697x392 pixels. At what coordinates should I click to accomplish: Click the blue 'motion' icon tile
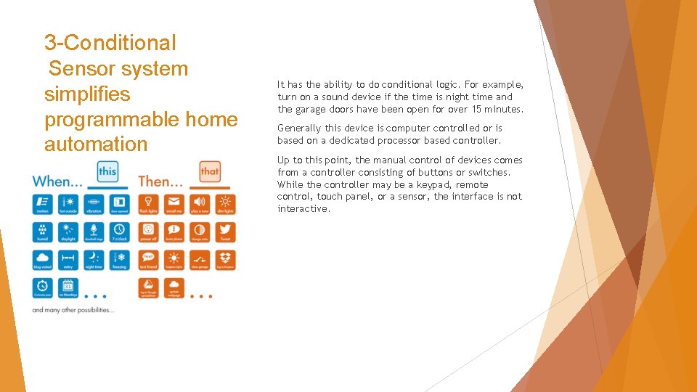point(43,204)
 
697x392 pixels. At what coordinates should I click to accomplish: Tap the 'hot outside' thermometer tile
point(68,204)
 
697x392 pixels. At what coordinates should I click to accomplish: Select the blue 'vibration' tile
point(94,204)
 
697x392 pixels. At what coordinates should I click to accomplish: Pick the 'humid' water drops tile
point(43,232)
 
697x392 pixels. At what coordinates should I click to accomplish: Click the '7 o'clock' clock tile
point(120,232)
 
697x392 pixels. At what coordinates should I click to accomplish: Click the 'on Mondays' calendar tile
point(68,287)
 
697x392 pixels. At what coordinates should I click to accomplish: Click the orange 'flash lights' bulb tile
point(148,204)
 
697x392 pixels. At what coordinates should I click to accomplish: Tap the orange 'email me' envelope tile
point(174,204)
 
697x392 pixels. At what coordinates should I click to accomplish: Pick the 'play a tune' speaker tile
point(200,204)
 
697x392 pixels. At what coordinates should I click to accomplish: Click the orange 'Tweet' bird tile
point(225,232)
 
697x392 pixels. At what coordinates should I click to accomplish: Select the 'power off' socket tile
point(148,232)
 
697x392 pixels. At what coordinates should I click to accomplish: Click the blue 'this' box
point(107,172)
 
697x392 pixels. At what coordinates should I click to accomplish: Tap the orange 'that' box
point(210,172)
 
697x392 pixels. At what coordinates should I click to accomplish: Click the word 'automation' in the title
point(95,144)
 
